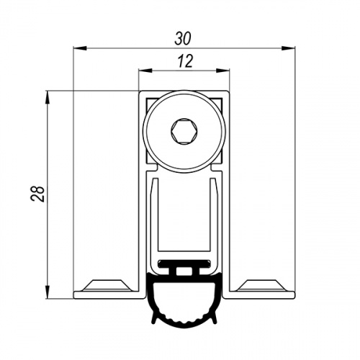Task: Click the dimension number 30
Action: tap(183, 39)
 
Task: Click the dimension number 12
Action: tap(185, 61)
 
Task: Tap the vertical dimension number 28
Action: tap(37, 194)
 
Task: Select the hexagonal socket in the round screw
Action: tap(184, 132)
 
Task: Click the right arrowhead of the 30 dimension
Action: tap(289, 48)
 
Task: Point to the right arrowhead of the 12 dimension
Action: tap(223, 71)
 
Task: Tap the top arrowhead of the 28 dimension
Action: tap(48, 97)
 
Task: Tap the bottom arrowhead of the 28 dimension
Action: tap(48, 292)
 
